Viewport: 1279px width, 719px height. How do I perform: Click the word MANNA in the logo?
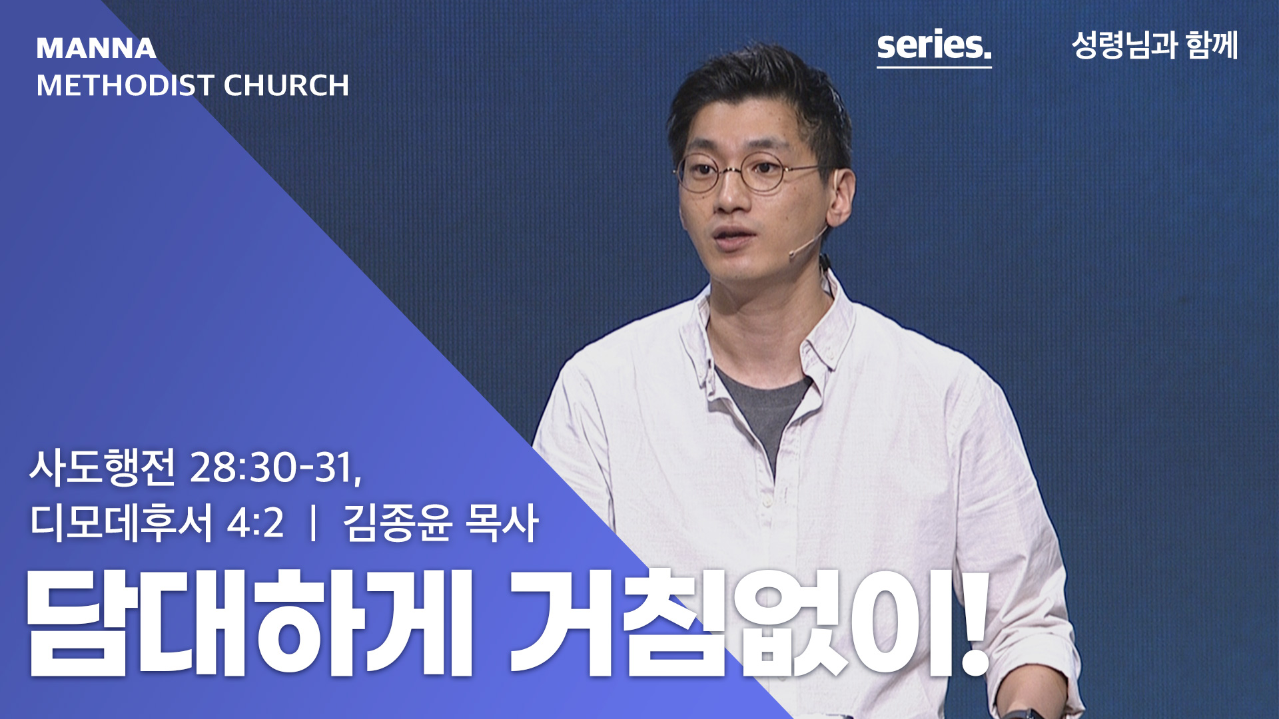coord(96,48)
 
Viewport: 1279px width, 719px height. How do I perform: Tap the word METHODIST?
coord(125,85)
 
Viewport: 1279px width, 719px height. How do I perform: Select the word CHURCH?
coord(286,85)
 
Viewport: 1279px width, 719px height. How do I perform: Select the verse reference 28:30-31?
coord(276,467)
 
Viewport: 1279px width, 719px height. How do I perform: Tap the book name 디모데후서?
coord(121,522)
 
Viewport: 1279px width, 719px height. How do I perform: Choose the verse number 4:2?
coord(256,523)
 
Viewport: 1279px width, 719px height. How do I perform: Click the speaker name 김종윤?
coord(398,522)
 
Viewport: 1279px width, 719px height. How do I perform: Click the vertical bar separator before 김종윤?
coord(313,523)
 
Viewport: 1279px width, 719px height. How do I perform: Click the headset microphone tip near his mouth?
coord(793,253)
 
